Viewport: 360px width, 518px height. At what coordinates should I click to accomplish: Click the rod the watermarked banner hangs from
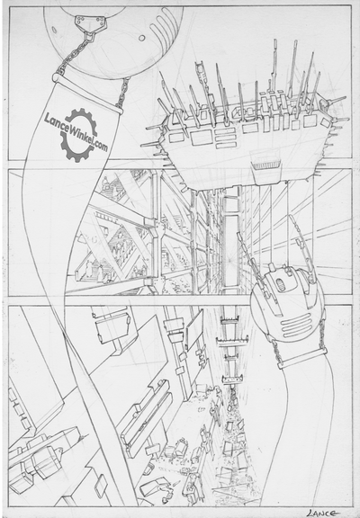pos(90,90)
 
